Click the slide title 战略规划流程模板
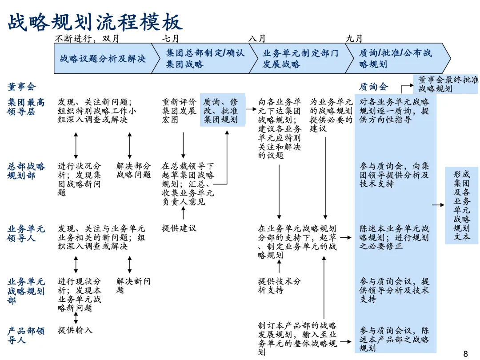(x=95, y=22)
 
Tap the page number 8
(x=465, y=354)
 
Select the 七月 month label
(x=171, y=39)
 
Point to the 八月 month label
(x=257, y=39)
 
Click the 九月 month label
(x=354, y=39)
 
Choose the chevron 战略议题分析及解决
(x=103, y=59)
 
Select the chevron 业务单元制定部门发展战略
(x=300, y=59)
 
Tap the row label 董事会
(x=21, y=87)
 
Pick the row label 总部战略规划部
(x=26, y=171)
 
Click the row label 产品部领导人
(x=26, y=335)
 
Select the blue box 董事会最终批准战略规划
(x=448, y=84)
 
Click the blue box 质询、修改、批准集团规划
(x=222, y=110)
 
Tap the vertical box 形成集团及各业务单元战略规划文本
(x=462, y=205)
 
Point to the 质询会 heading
(x=373, y=87)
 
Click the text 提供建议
(x=179, y=228)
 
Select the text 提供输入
(x=75, y=330)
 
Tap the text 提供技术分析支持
(x=280, y=285)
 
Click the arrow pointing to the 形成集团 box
(x=438, y=205)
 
